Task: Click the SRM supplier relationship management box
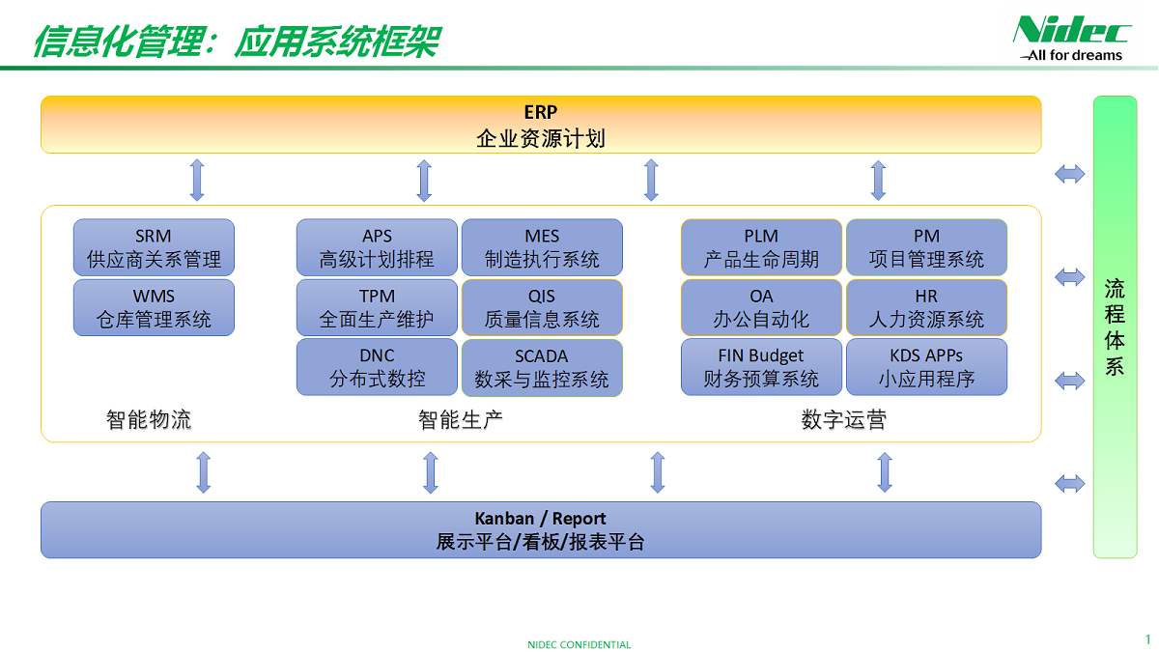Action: click(154, 247)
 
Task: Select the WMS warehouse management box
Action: click(154, 307)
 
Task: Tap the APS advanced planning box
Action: click(377, 247)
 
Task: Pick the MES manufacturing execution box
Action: click(542, 247)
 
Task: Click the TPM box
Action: click(377, 307)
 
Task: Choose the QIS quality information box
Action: click(542, 307)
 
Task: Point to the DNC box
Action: click(377, 367)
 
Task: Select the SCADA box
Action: click(542, 367)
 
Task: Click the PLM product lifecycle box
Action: click(761, 247)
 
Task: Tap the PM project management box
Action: click(926, 247)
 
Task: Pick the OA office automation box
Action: click(761, 307)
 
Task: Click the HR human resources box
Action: click(926, 307)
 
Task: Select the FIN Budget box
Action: click(761, 367)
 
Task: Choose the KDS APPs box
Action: click(926, 367)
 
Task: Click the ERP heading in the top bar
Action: click(541, 112)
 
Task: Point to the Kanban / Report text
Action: click(540, 519)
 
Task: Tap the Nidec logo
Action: click(1071, 38)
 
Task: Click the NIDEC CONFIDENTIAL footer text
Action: click(579, 644)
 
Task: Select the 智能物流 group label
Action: click(149, 419)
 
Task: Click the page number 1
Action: click(1147, 639)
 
